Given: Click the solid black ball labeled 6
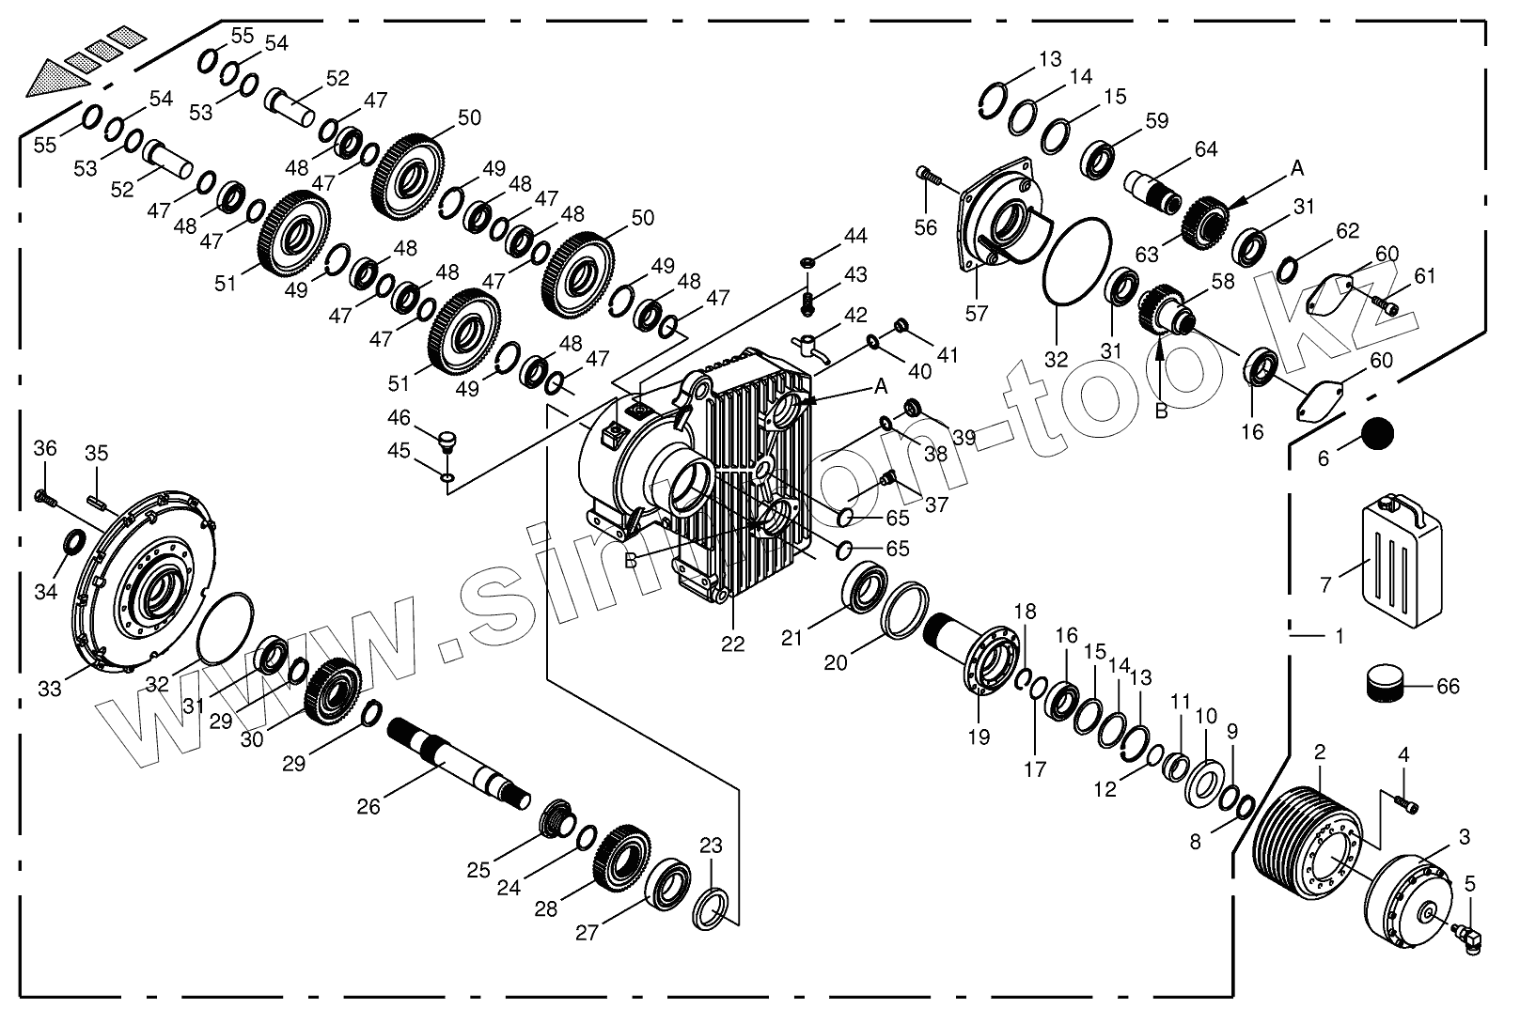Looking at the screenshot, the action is pos(1376,433).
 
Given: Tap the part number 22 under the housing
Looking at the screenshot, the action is pos(733,644).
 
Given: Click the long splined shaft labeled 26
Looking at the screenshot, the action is pos(459,764).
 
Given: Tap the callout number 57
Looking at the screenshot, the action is pos(978,314).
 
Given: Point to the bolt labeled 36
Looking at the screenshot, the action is pos(45,498).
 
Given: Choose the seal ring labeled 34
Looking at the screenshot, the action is pos(74,542).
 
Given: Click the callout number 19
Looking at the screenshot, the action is pos(979,737).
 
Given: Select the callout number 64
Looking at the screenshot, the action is pos(1206,149).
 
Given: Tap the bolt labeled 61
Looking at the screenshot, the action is pos(1385,304).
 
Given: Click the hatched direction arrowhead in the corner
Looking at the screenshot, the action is pos(57,79).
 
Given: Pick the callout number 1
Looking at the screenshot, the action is pos(1339,636).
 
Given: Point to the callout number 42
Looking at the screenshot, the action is pos(855,315).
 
